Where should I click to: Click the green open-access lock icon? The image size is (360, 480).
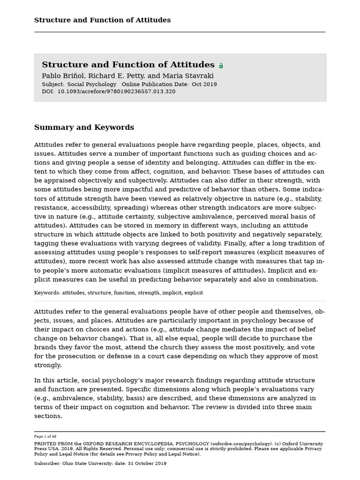pos(221,66)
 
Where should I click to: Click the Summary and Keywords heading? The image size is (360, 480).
pos(84,127)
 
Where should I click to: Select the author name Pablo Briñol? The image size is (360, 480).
pos(61,76)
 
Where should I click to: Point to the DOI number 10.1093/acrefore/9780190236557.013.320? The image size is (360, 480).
pos(116,92)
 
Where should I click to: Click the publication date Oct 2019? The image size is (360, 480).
pos(204,84)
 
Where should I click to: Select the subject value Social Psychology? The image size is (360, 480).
pos(92,84)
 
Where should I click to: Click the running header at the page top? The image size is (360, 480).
pos(102,20)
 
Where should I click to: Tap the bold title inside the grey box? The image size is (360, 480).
pos(128,65)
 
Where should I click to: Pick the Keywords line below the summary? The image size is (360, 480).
pos(119,293)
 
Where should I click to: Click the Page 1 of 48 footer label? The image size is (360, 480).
pos(45,436)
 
